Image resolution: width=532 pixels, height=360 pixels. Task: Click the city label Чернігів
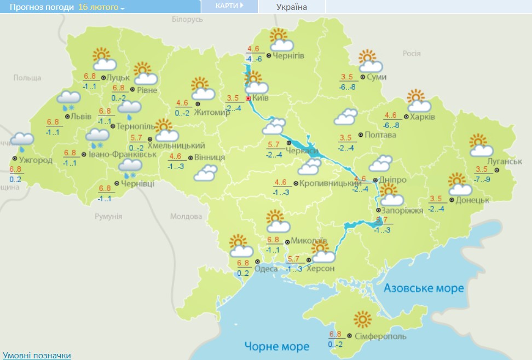(x=289, y=56)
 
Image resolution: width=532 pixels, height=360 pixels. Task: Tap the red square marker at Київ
(x=248, y=98)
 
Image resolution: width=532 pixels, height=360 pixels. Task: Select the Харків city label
(x=423, y=117)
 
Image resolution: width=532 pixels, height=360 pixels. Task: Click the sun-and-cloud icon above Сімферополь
(x=363, y=320)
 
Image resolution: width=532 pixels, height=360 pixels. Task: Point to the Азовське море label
(x=424, y=288)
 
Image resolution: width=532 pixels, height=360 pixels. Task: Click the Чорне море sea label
(x=277, y=346)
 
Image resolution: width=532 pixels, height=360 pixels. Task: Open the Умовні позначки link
(x=37, y=355)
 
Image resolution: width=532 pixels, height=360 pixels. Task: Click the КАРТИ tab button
(x=229, y=6)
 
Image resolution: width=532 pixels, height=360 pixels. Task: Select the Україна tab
(x=292, y=7)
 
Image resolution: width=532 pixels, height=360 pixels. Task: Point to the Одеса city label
(x=267, y=268)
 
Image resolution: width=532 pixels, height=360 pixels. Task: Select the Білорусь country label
(x=187, y=20)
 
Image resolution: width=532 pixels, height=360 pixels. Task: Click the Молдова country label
(x=186, y=216)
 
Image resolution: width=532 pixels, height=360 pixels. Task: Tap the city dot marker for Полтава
(x=360, y=135)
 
